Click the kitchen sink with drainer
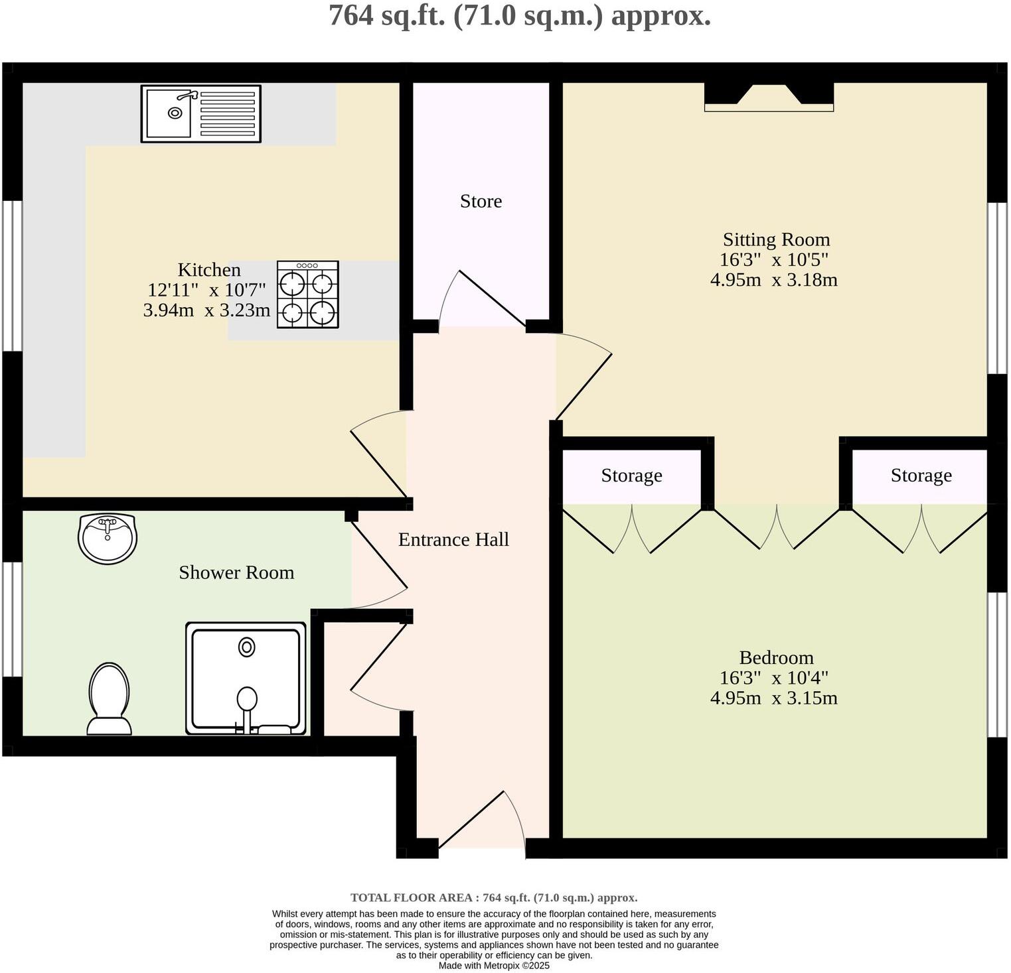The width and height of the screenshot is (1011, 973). tap(200, 113)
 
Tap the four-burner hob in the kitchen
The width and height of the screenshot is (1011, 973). tap(307, 294)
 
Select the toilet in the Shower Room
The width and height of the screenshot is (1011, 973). tap(109, 699)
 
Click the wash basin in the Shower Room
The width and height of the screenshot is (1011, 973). tap(108, 537)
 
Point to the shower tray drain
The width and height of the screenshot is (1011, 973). tap(247, 647)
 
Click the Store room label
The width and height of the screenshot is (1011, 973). tap(481, 201)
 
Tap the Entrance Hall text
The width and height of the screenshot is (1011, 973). tap(453, 540)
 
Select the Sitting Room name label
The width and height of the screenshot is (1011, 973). tap(776, 239)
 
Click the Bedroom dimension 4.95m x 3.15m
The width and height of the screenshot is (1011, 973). tap(773, 698)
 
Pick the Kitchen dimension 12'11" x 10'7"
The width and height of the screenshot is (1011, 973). tap(206, 290)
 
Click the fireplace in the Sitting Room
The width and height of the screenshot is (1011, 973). tap(769, 97)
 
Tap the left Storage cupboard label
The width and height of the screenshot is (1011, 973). tap(631, 476)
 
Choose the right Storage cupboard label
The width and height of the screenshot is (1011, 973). tap(921, 476)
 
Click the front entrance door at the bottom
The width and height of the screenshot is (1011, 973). tap(482, 822)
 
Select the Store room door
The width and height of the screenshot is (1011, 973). tap(482, 298)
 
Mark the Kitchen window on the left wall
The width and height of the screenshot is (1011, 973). tap(12, 275)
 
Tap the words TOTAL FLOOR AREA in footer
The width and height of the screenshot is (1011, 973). tap(412, 898)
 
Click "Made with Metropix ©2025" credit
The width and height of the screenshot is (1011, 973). tap(494, 966)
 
